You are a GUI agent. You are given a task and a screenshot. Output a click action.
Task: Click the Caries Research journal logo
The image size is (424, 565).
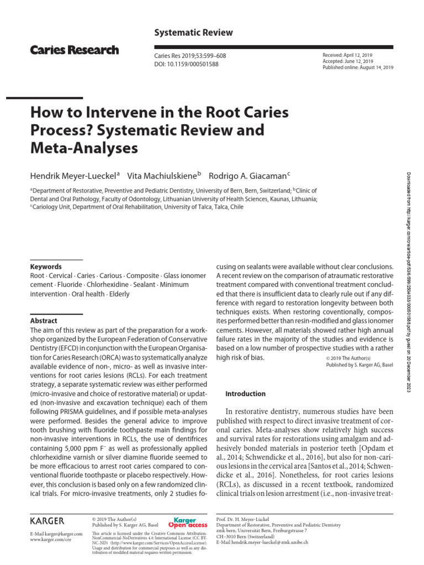pyautogui.click(x=75, y=50)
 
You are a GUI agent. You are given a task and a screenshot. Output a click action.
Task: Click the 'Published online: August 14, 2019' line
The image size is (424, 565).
pyautogui.click(x=357, y=68)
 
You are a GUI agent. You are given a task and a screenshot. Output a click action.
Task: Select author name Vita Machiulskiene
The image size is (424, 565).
pyautogui.click(x=162, y=175)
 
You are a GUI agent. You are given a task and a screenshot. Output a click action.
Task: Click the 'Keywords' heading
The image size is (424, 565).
pyautogui.click(x=46, y=266)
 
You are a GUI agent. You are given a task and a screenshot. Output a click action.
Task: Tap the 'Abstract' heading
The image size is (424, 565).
pyautogui.click(x=44, y=321)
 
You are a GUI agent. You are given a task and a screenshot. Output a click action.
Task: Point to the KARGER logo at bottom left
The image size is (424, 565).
pyautogui.click(x=47, y=520)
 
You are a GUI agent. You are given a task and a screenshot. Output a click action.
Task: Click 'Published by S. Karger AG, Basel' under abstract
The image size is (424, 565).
pyautogui.click(x=361, y=365)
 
